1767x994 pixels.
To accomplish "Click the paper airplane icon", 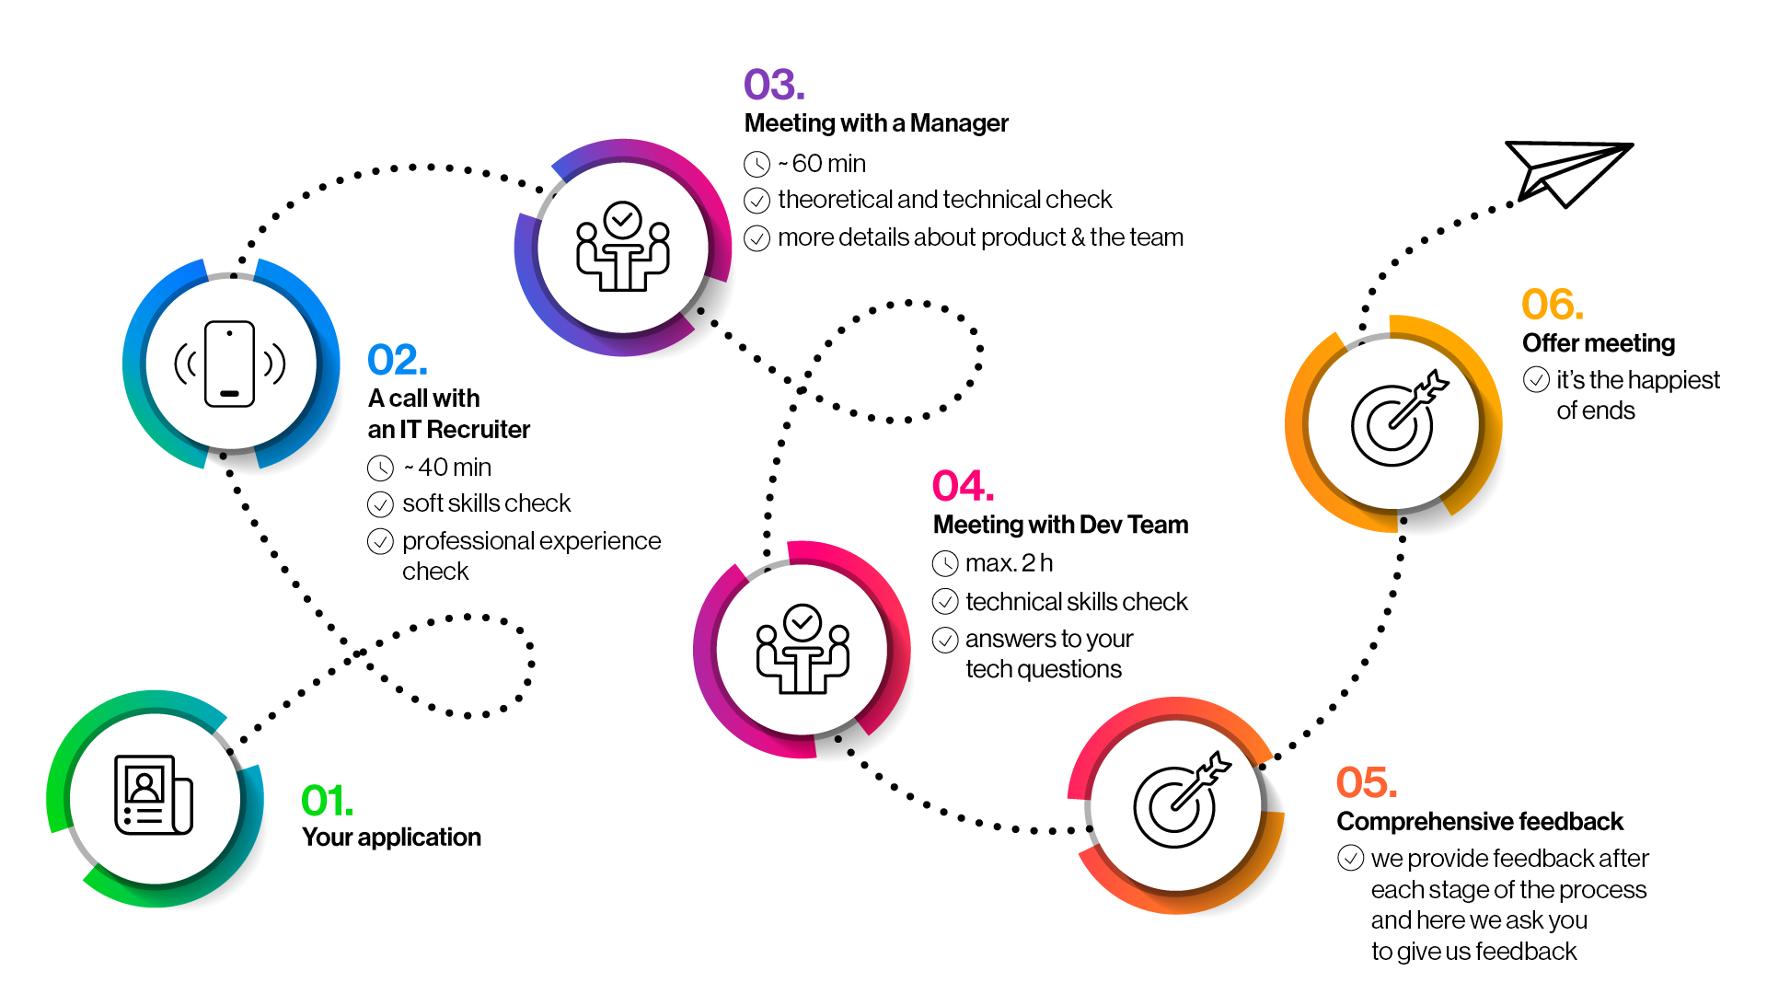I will [1565, 171].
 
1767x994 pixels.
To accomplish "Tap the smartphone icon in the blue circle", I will [230, 364].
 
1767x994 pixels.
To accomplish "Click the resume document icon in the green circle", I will [153, 795].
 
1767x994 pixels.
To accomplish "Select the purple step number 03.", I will [774, 85].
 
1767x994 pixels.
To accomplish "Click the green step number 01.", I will [327, 801].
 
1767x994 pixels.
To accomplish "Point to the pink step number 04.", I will [963, 486].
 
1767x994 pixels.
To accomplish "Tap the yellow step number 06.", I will [1553, 305].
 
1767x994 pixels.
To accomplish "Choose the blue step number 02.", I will [398, 360].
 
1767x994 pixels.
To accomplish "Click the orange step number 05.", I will [1367, 783].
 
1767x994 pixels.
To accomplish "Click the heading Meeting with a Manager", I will [876, 123].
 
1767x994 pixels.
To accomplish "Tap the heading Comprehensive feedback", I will [1479, 821].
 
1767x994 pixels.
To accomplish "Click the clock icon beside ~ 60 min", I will [756, 165].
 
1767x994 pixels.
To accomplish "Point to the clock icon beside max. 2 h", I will [945, 563].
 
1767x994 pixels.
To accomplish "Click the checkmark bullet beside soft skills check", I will [380, 504].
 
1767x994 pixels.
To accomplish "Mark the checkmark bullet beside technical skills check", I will [945, 602].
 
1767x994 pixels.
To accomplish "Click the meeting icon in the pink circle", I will [803, 649].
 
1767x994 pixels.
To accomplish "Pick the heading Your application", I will [391, 838].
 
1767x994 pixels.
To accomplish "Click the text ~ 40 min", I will [447, 468].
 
